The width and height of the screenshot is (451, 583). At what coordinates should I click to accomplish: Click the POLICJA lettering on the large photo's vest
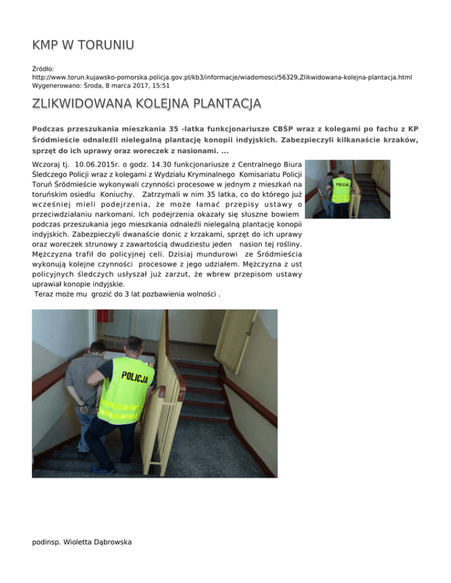(135, 375)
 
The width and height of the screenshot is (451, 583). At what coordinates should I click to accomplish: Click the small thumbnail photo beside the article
(349, 189)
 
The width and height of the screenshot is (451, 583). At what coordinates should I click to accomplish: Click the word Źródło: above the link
(43, 69)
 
